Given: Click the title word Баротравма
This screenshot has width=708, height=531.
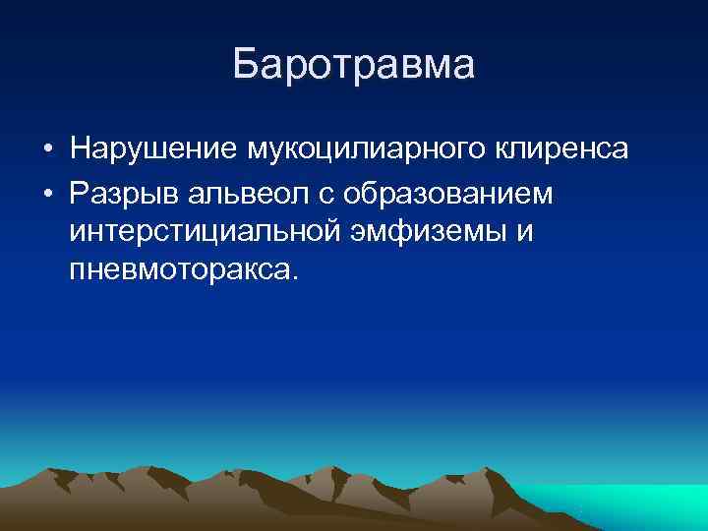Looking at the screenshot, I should click(x=354, y=64).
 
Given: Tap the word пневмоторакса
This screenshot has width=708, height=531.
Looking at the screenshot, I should click(x=178, y=269).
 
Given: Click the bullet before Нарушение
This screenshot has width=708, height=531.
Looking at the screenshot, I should click(x=47, y=150).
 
